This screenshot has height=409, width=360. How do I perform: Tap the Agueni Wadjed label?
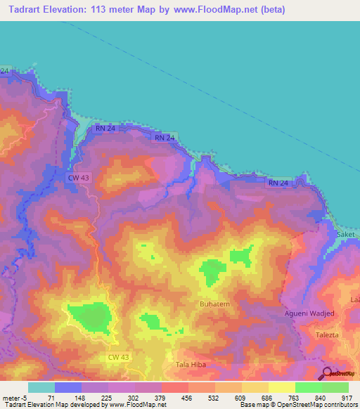pos(309,312)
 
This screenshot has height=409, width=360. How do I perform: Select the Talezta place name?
pos(328,335)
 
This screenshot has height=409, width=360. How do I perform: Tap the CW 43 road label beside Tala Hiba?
pos(119,358)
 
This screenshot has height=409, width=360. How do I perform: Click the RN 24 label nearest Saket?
pos(278,183)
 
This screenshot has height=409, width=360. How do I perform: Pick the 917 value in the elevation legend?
pos(348,397)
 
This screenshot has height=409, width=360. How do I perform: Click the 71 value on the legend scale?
pos(54,397)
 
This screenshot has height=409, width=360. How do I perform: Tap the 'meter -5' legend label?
pos(13,397)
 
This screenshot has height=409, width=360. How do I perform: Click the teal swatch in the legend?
pos(41,387)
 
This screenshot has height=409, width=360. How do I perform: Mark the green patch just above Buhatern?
pos(210,271)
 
